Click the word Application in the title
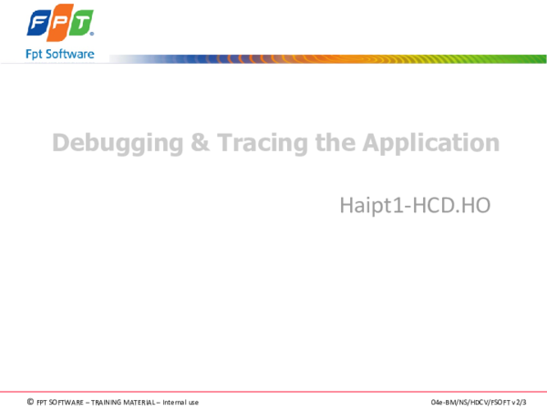(430, 144)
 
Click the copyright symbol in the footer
(30, 402)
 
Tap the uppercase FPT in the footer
(42, 402)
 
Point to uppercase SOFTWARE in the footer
(67, 402)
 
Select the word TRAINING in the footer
(104, 402)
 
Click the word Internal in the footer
(174, 402)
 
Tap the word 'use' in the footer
(193, 402)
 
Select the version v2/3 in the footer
(519, 402)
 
